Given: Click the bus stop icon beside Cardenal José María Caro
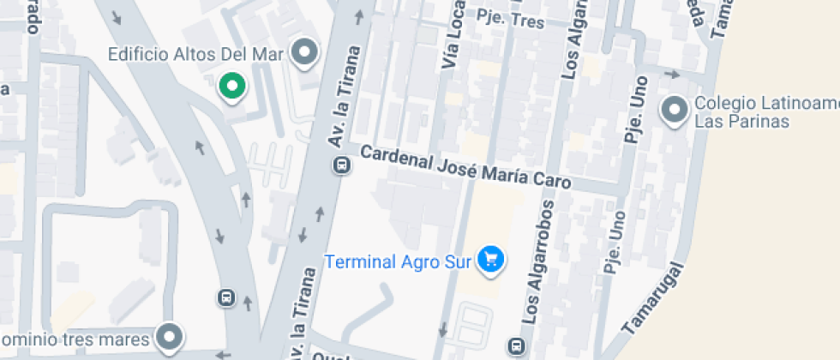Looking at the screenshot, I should pos(341,165).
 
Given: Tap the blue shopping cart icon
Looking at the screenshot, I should pos(491,260).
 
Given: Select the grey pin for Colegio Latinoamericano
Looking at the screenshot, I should pos(675,111).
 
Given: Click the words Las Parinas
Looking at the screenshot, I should pos(741,122).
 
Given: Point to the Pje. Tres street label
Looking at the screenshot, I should pos(511,19).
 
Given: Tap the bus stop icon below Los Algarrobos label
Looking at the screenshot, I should pos(517,346).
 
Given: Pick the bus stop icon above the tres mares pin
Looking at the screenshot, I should pos(225,297).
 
